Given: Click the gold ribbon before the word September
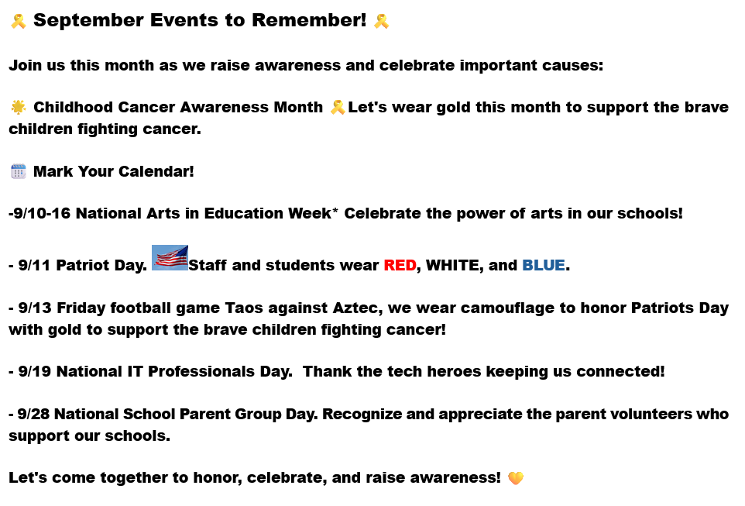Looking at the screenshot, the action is pos(19,21).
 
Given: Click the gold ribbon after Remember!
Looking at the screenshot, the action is pos(381,21).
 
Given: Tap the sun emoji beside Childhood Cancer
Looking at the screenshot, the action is pos(19,107).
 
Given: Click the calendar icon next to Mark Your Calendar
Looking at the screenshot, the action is pos(19,171).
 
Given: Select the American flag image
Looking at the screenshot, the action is pos(170,258).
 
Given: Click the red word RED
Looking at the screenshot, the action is pos(400,265).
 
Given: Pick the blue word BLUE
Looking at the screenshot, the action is pos(544,265).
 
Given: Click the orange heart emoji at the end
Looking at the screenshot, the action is pos(516,477).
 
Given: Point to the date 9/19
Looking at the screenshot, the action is pos(35,371).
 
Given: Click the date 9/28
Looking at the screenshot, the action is pos(34,415).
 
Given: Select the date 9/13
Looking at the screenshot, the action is pos(35,308).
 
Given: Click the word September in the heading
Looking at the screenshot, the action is pos(88,20).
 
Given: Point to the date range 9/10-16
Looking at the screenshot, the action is pos(42,214).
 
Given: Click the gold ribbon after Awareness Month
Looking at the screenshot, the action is pos(338,107).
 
